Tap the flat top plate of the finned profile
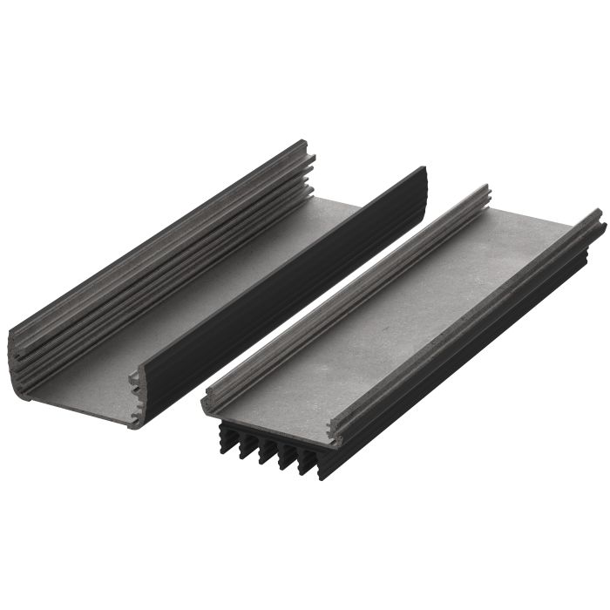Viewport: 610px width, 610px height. pos(392,322)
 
